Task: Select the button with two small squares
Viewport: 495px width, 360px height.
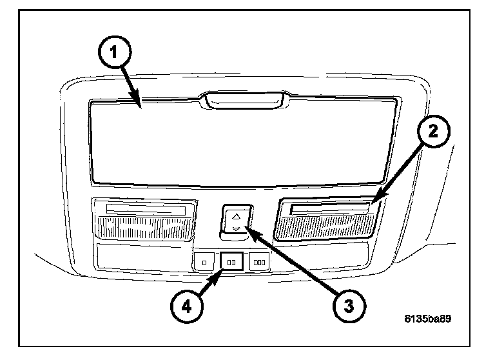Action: click(231, 263)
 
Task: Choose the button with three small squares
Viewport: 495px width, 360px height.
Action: click(260, 263)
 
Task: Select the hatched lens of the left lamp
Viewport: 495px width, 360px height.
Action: click(144, 228)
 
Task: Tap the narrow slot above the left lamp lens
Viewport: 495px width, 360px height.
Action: click(146, 208)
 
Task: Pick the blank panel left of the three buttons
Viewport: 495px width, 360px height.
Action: click(142, 257)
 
